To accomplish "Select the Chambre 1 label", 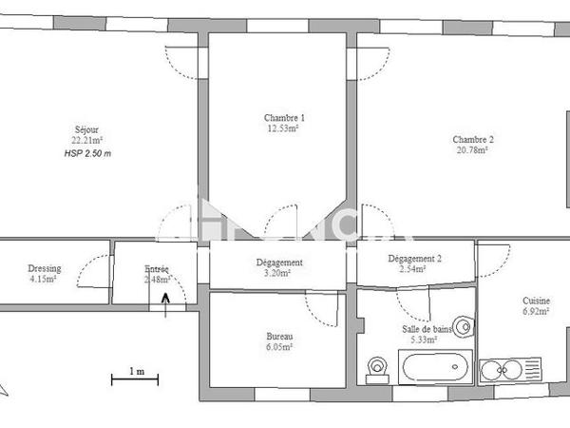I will click(283, 118).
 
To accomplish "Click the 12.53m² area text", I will click(283, 129).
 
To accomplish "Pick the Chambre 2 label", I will click(472, 139).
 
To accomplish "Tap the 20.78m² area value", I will click(472, 150).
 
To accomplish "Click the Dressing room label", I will click(43, 268).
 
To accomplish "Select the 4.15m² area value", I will click(43, 280).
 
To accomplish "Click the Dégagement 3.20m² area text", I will click(278, 274).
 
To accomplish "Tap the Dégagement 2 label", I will click(414, 259).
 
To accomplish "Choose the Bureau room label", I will click(279, 337).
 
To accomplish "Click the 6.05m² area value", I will click(279, 348).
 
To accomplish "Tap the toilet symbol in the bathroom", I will click(378, 368).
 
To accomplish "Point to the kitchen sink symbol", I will click(507, 369).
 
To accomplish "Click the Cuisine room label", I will click(536, 300).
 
